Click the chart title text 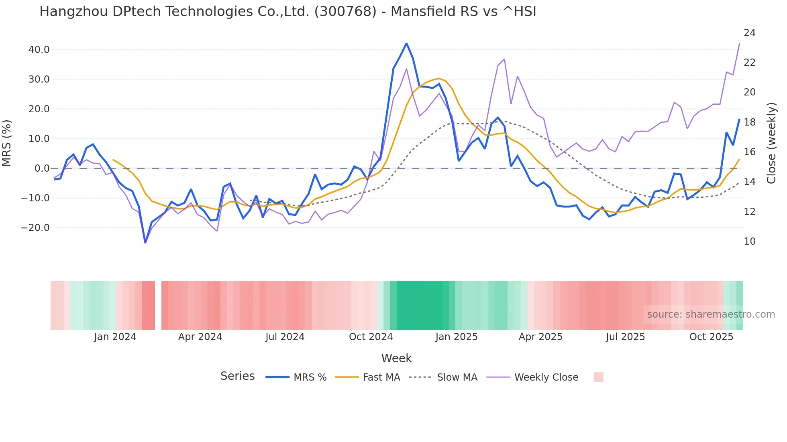(287, 12)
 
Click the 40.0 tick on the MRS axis (39, 50)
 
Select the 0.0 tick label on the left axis (42, 168)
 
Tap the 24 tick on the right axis (749, 33)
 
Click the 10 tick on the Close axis (749, 241)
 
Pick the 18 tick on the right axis (749, 122)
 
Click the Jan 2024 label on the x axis (115, 337)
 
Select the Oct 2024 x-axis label (371, 337)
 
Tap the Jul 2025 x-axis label (625, 337)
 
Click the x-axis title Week (396, 358)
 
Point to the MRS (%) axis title (7, 143)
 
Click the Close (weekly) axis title (771, 143)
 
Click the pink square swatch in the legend (598, 377)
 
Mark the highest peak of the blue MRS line (406, 43)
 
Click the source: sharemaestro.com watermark (711, 314)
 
